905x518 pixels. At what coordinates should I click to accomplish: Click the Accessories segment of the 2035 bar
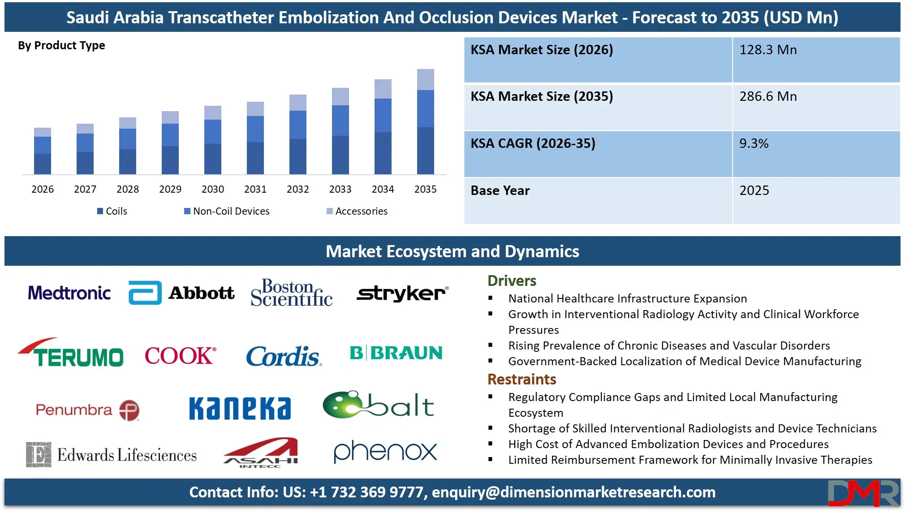click(x=425, y=80)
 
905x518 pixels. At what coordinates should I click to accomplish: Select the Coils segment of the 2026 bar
click(x=43, y=164)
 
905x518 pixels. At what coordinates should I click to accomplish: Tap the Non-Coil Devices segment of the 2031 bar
click(x=255, y=129)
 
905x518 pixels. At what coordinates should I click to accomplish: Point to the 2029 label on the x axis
click(x=170, y=189)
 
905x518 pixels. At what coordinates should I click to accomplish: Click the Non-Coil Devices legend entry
click(x=227, y=211)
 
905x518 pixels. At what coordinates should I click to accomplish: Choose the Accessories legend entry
click(x=357, y=211)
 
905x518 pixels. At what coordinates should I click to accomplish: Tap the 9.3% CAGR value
click(x=754, y=143)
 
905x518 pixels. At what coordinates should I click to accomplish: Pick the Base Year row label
click(x=500, y=190)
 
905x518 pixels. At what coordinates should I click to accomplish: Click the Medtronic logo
click(x=69, y=293)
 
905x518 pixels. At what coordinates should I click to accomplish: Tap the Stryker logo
click(x=402, y=294)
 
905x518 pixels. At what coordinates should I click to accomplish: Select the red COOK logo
click(x=180, y=356)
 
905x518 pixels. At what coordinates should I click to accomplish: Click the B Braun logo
click(x=396, y=353)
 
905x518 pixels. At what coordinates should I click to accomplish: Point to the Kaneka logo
click(x=240, y=408)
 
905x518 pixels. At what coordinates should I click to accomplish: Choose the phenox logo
click(x=385, y=452)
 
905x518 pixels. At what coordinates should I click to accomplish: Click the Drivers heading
click(x=512, y=281)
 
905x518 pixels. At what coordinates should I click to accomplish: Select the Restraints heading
click(x=521, y=380)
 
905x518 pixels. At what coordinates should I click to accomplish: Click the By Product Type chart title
click(x=61, y=46)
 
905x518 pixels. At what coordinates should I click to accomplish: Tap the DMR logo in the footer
click(x=862, y=493)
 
